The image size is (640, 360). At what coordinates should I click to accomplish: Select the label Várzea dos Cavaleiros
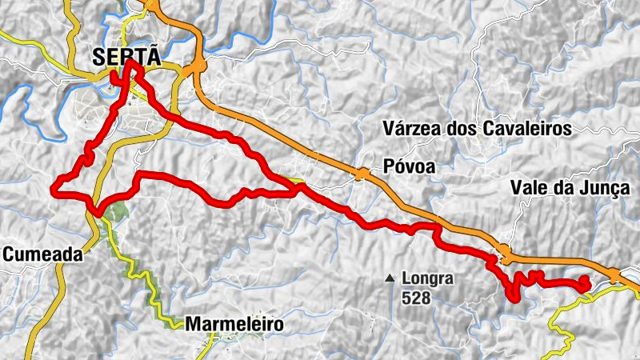coord(476,128)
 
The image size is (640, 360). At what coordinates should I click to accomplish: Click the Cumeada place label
coord(42,254)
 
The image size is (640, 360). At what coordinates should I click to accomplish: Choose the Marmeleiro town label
coord(234,325)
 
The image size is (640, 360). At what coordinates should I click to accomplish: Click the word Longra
coord(428,279)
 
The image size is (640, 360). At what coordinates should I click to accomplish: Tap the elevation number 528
coord(417,298)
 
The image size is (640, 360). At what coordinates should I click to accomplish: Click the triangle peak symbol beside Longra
coord(390,279)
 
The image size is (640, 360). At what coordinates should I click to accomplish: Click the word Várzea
coord(410,128)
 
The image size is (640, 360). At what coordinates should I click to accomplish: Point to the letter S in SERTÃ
coord(99,57)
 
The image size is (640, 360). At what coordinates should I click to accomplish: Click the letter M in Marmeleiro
coord(193,325)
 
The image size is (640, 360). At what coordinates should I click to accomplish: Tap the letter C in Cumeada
coord(10,254)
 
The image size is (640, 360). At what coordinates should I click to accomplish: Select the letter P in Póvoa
coord(388,167)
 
